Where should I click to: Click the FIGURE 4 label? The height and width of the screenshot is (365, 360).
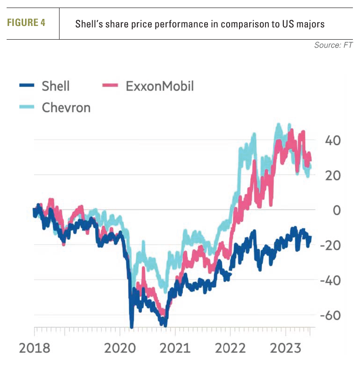pos(26,23)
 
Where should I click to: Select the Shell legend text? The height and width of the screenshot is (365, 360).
pos(55,86)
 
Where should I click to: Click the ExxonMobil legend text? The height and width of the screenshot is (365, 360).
pos(160,86)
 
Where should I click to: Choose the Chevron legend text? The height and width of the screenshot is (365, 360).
pos(66,107)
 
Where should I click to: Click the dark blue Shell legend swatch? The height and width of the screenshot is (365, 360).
pos(27,85)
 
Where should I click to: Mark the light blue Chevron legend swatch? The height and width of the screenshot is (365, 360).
pos(27,107)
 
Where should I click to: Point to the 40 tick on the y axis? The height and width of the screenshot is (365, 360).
pos(332,140)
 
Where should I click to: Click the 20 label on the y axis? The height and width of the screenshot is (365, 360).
pos(332,175)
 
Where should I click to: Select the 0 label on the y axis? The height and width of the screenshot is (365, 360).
pos(336,210)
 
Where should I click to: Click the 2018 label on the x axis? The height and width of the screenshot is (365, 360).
pos(34,348)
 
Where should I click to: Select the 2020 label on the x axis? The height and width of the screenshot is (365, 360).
pos(120,348)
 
